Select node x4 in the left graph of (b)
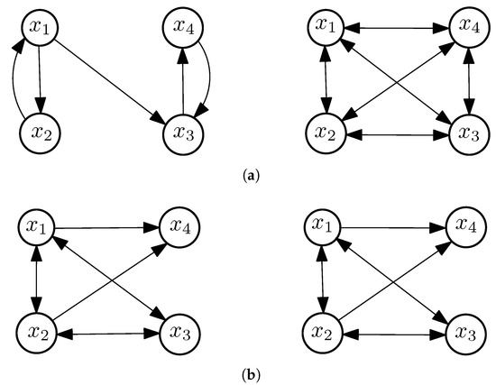(183, 229)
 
